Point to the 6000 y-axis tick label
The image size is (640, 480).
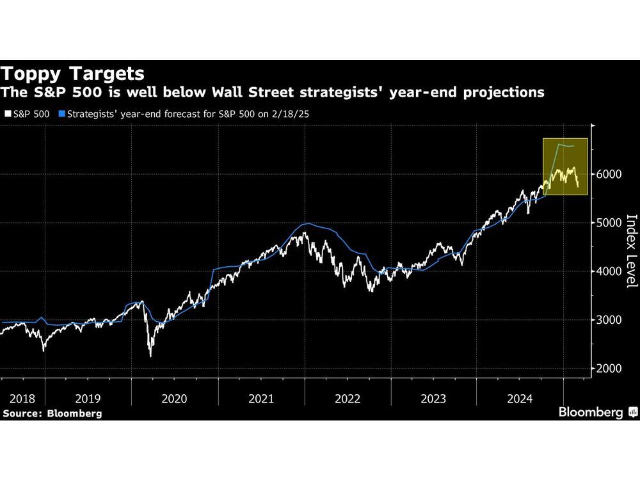[x=610, y=174]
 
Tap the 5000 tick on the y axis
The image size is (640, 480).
[x=610, y=223]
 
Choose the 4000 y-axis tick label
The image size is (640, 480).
[x=610, y=271]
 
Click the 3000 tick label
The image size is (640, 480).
[x=610, y=320]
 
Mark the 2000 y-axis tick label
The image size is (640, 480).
[x=610, y=369]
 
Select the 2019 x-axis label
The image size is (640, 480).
[x=88, y=398]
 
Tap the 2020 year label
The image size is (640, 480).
[x=174, y=398]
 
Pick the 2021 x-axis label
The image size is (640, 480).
[x=261, y=398]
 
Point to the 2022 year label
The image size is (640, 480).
[x=348, y=398]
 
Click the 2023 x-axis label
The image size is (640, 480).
[x=434, y=398]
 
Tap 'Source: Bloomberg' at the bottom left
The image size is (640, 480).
[x=52, y=413]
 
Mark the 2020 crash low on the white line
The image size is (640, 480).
[x=150, y=355]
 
